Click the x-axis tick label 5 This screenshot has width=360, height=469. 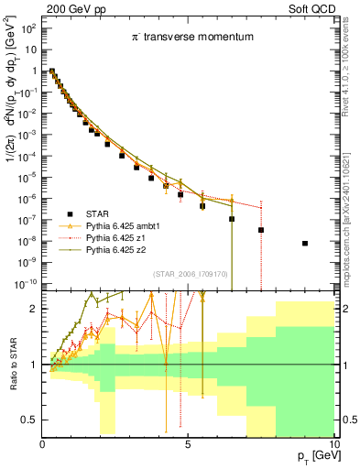[x=188, y=443]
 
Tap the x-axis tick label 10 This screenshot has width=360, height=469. [x=333, y=443]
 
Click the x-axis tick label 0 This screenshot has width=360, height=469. [x=43, y=443]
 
